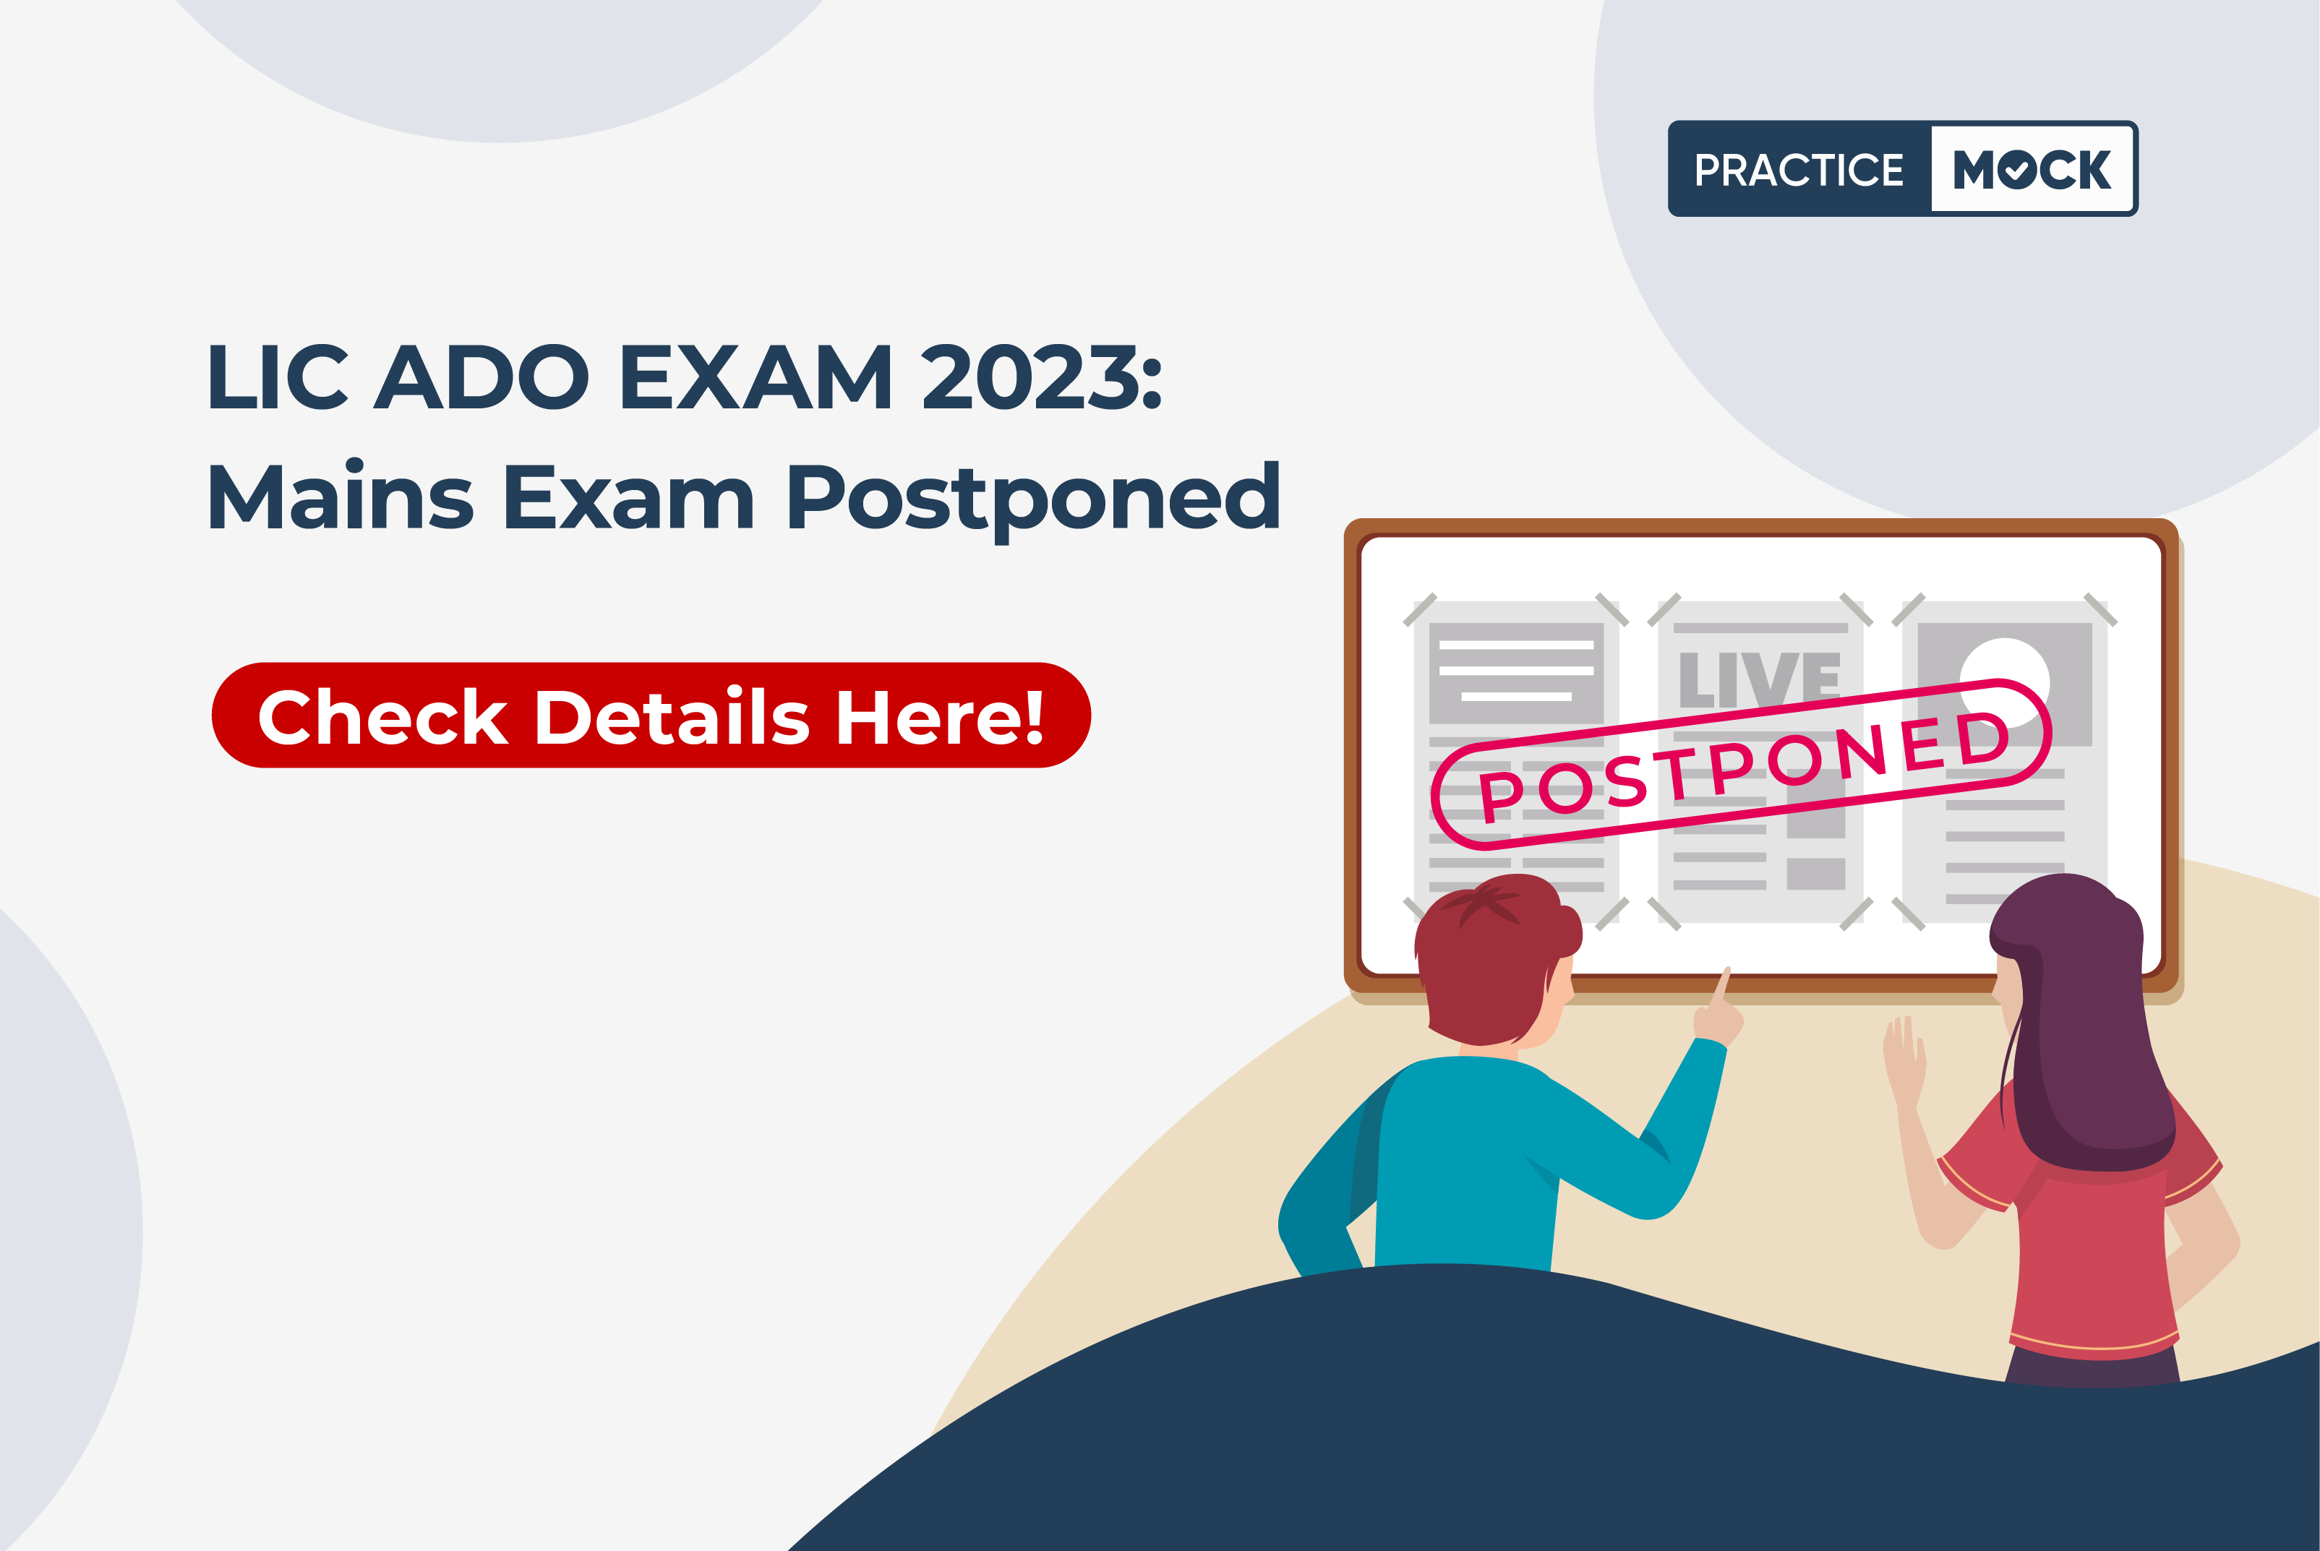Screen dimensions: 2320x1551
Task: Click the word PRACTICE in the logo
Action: point(1799,170)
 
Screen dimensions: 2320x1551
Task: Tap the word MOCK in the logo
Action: point(2032,169)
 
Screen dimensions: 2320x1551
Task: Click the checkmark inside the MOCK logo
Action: point(2016,170)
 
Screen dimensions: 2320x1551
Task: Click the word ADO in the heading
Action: point(481,377)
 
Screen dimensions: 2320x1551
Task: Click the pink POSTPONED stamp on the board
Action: point(1741,764)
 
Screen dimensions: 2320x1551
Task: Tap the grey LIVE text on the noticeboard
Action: point(1759,679)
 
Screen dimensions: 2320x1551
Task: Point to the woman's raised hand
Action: point(1904,1058)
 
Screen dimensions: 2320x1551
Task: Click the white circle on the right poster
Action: point(2004,681)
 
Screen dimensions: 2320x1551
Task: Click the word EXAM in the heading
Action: point(756,377)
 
